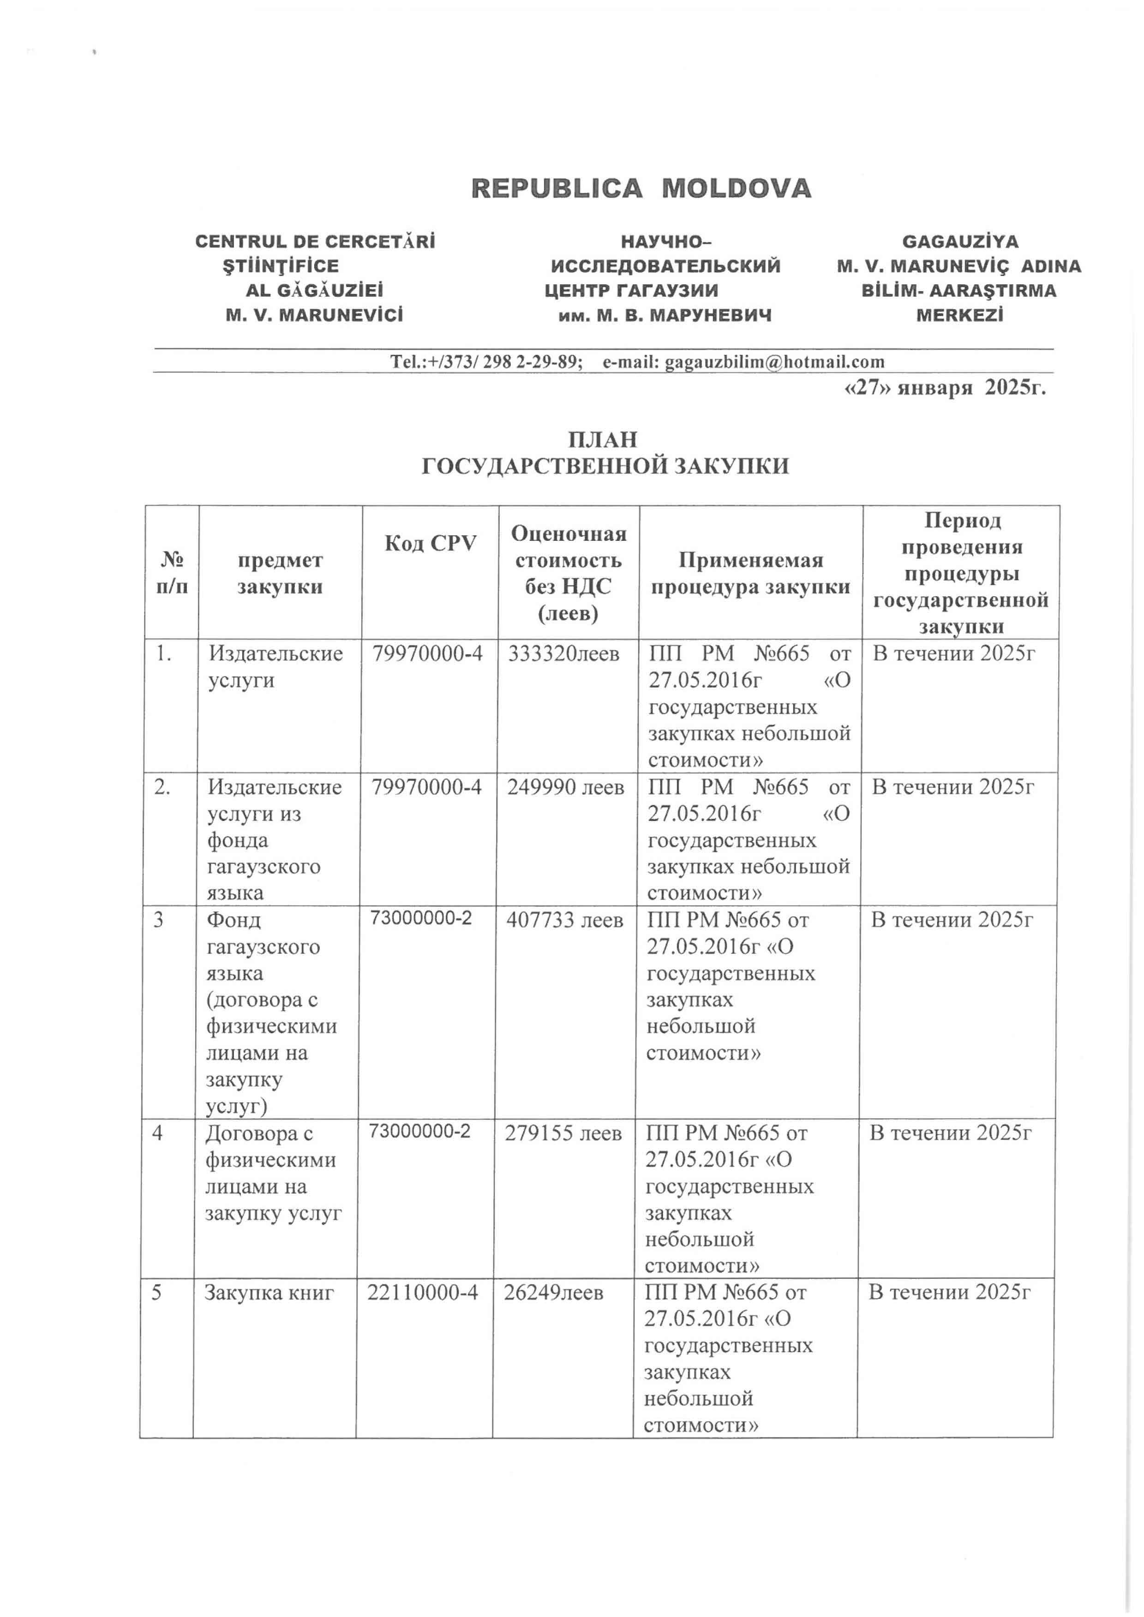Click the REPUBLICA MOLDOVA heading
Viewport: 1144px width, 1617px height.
click(641, 189)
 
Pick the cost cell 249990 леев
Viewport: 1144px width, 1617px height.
click(566, 787)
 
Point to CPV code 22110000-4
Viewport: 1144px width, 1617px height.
click(423, 1292)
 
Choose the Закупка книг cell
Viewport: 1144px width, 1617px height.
click(269, 1292)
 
